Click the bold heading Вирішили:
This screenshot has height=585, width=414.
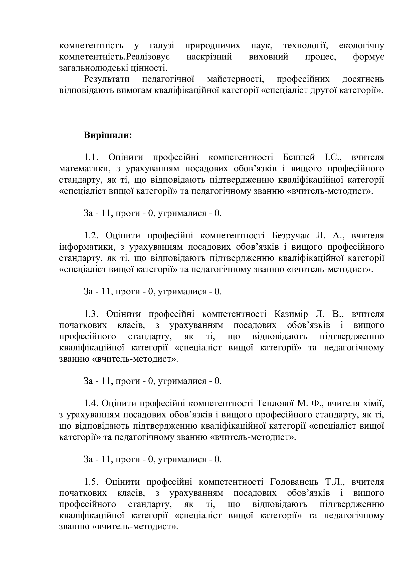tap(108, 135)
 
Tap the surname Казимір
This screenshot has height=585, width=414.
tap(291, 314)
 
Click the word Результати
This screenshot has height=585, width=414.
tap(107, 79)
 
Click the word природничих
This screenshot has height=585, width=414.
tap(212, 46)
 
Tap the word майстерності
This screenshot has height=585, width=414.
tap(236, 79)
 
